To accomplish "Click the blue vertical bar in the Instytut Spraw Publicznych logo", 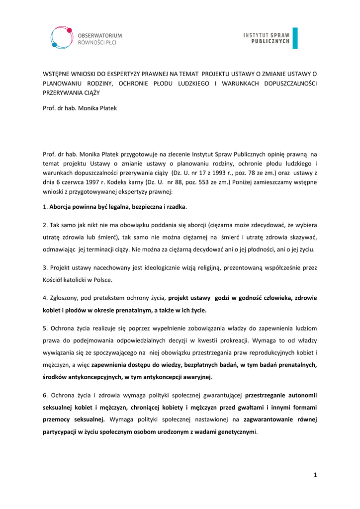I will click(x=295, y=38).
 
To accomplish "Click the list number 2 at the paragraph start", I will click(x=45, y=225).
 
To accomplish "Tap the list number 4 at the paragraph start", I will click(x=45, y=298).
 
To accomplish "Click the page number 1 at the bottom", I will click(x=315, y=475).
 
